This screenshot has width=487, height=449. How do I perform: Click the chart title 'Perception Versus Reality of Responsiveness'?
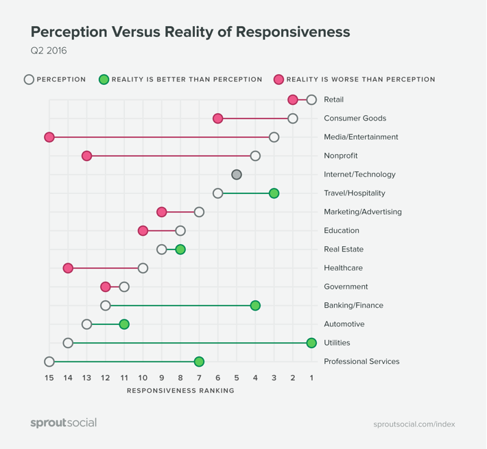coord(190,32)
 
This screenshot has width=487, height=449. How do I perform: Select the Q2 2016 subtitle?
coord(49,51)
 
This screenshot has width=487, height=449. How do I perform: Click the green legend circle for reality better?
coord(104,80)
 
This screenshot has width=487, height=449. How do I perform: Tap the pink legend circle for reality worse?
coord(278,80)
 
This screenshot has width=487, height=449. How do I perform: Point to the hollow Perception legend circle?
coord(29,80)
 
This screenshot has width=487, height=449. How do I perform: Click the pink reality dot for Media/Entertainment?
coord(49,137)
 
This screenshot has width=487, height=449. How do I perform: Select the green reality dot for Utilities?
coord(311,343)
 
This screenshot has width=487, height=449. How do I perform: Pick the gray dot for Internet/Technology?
coord(237,175)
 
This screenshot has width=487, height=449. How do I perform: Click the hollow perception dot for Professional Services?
coord(49,361)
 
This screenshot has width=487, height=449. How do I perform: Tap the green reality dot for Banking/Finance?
coord(255,306)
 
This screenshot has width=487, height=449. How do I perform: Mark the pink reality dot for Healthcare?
coord(68,268)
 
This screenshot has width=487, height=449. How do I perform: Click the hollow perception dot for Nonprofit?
coord(255,156)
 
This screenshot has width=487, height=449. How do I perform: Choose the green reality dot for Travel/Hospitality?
coord(274,193)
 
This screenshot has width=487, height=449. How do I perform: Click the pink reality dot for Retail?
coord(293,100)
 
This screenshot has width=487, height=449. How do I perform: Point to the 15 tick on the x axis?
coord(49,378)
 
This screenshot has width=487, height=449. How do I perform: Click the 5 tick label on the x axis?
coord(237,378)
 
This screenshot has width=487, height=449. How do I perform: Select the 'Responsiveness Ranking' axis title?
coord(180,391)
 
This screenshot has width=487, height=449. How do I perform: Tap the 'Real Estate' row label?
coord(344,250)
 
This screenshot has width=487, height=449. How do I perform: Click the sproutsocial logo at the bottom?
coord(63,423)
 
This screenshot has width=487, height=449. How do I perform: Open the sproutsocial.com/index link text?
coord(414,424)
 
